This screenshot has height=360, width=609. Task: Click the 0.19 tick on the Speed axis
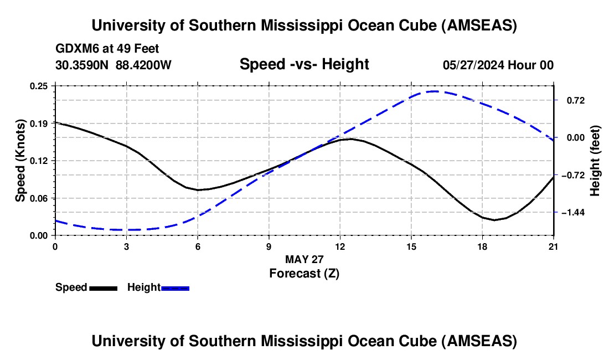[42, 123]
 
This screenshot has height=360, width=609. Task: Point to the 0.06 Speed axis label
[42, 198]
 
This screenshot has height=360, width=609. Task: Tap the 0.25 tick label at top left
[42, 86]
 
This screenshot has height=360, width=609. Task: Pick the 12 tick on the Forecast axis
[339, 246]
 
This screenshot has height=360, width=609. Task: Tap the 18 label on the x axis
[482, 246]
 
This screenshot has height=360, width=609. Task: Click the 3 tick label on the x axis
[126, 246]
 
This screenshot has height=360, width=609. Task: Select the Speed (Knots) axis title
[20, 160]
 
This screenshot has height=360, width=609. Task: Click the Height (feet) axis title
[595, 160]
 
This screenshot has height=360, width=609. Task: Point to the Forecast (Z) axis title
[303, 273]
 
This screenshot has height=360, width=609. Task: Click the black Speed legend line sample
[103, 287]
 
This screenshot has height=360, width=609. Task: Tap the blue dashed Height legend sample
[175, 287]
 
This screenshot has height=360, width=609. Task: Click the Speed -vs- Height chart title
[304, 64]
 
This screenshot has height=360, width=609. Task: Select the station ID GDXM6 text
[75, 49]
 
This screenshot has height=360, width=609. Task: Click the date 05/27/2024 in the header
[474, 65]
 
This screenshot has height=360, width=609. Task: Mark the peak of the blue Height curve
[435, 91]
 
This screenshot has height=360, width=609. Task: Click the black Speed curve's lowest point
[494, 220]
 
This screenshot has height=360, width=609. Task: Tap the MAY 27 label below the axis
[304, 259]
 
